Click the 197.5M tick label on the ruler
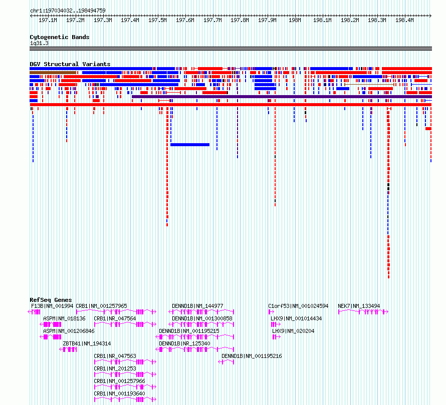coord(157,20)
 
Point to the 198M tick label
coord(295,20)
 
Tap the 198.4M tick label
coord(404,20)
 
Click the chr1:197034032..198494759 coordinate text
coord(68,11)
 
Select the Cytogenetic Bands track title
coord(60,37)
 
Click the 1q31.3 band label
coord(39,43)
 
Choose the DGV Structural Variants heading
coord(70,64)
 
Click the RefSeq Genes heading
coord(51,300)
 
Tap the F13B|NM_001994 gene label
coord(52,306)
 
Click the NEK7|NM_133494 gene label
coord(359,306)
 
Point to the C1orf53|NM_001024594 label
coord(298,306)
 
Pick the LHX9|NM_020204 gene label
coord(293,331)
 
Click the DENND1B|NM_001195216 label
coord(252,356)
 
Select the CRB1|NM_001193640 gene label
coord(119,393)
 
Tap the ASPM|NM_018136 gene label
coord(64,318)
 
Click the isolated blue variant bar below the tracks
coord(190,145)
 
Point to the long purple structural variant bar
coord(282,97)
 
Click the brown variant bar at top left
coord(53,73)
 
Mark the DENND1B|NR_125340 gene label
coord(184,343)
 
